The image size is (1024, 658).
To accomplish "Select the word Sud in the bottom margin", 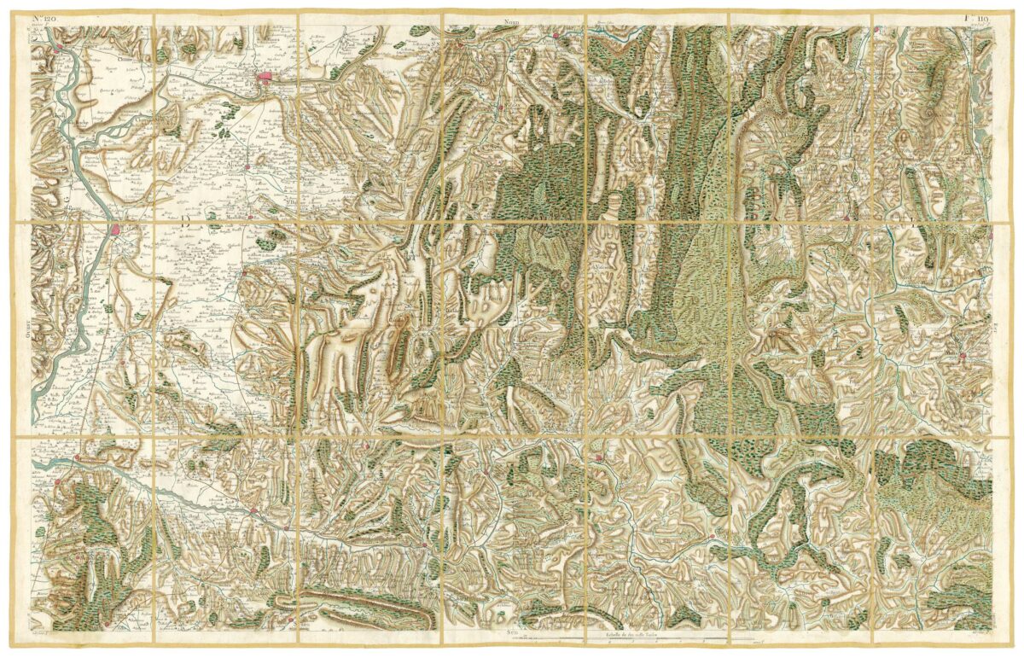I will pos(509,633).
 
